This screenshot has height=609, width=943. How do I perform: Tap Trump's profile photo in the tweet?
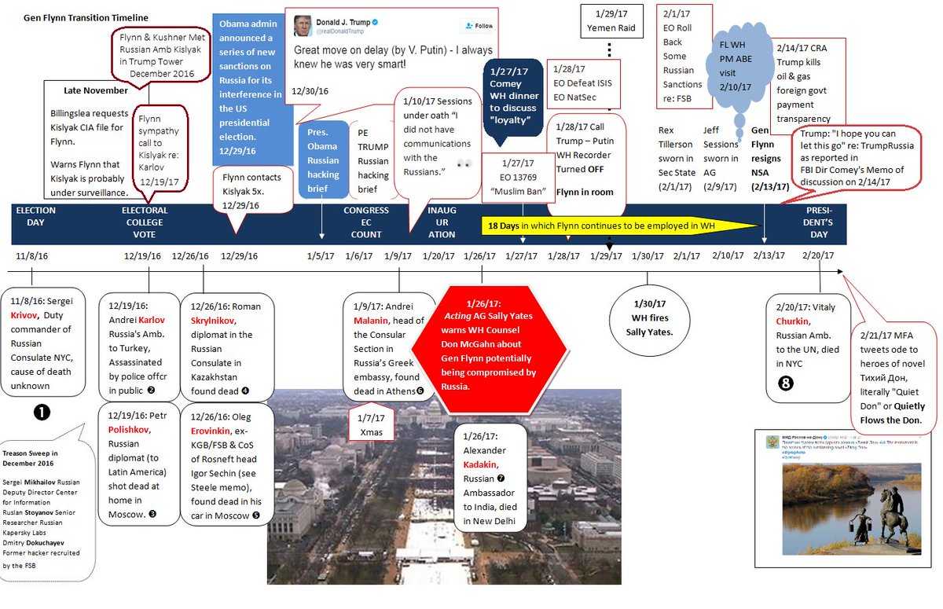coord(301,26)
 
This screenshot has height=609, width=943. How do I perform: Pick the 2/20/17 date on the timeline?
coord(818,256)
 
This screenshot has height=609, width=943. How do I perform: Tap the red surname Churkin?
coord(792,321)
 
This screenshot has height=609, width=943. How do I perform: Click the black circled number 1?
coord(42,411)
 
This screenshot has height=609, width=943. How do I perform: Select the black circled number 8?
coord(785,383)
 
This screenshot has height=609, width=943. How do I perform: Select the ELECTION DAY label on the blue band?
coord(35,216)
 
